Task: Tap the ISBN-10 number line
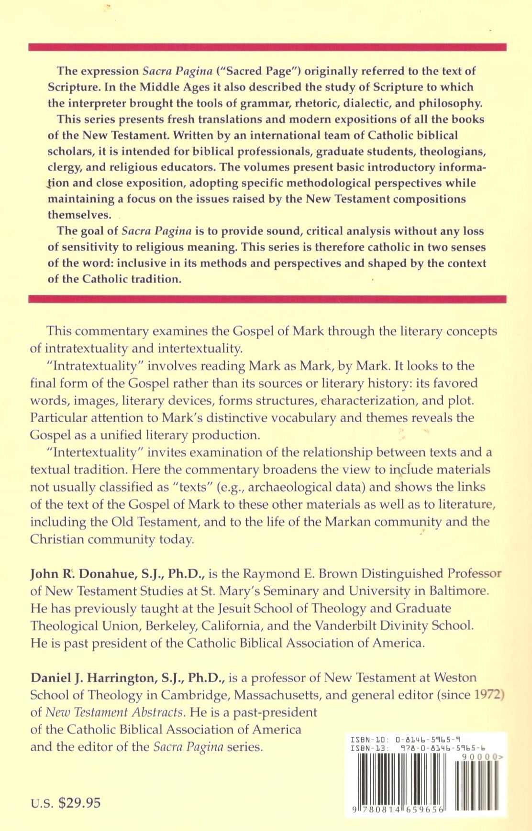coord(406,740)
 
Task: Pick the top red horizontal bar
coord(267,47)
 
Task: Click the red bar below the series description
coord(267,299)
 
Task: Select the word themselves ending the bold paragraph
coord(79,215)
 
